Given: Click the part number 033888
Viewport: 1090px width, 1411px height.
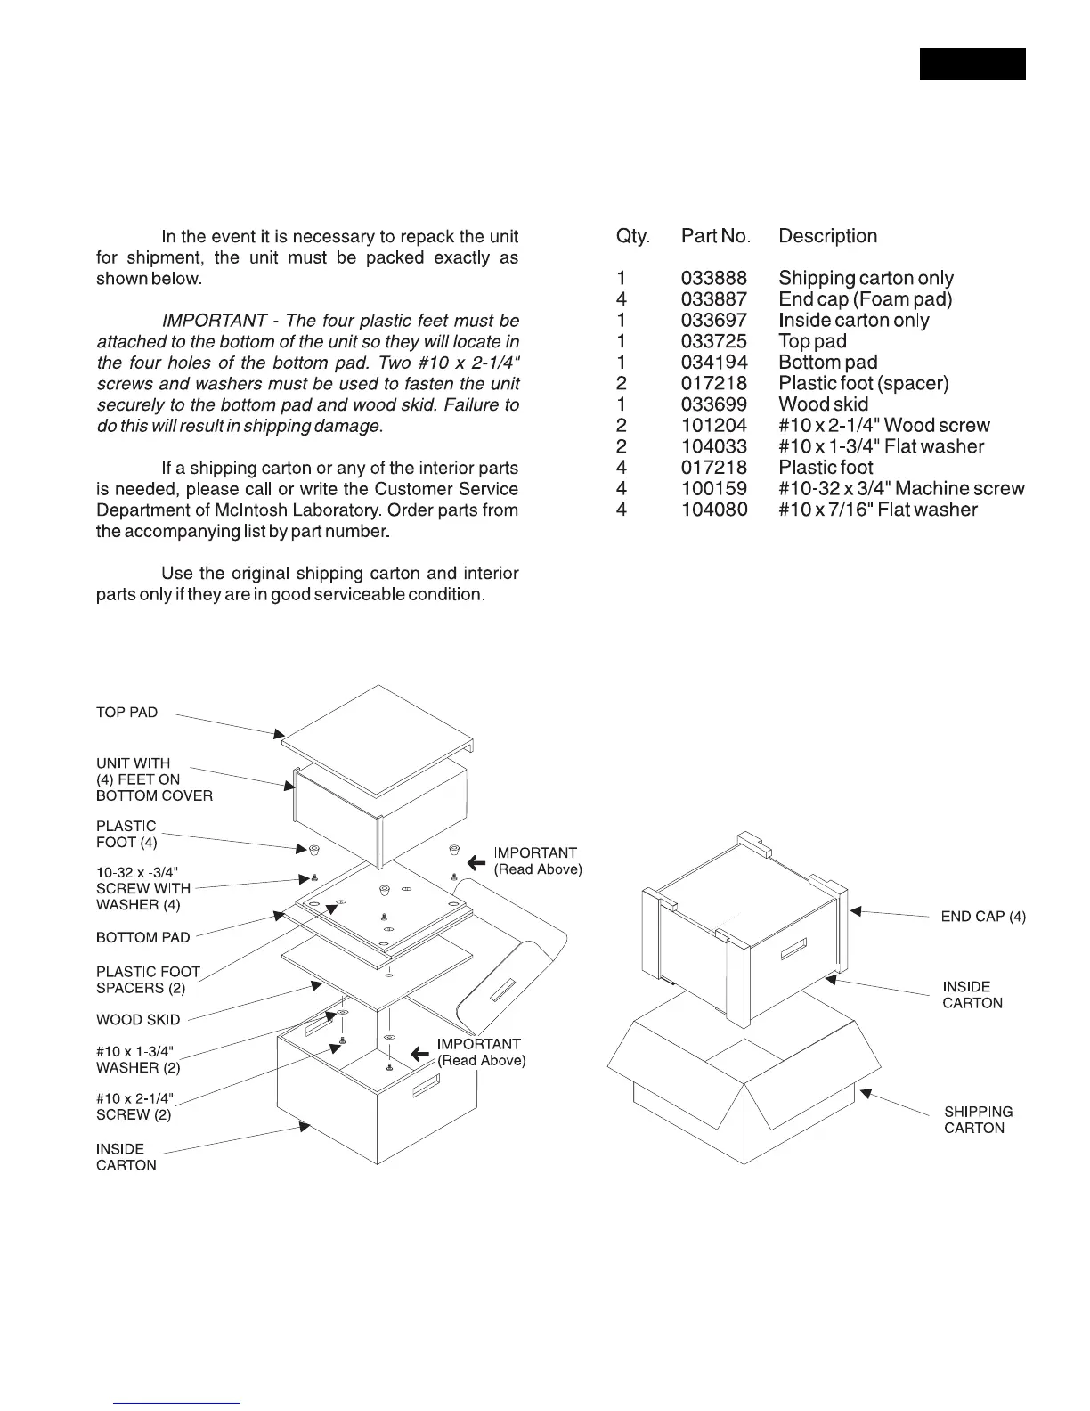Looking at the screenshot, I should tap(714, 278).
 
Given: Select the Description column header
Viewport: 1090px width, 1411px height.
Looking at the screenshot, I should tap(827, 236).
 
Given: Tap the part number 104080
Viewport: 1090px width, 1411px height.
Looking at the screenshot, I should tap(714, 510).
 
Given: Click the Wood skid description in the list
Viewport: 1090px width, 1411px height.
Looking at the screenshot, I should tap(823, 404).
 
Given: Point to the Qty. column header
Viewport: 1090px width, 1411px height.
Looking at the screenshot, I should tap(633, 236).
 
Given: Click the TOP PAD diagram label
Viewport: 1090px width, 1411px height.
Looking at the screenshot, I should tap(126, 713).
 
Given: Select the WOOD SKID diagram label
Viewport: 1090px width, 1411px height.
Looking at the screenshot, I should tap(138, 1020).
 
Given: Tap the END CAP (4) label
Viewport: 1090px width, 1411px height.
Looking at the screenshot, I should tap(983, 917).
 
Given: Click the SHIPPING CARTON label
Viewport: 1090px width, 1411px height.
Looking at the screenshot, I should tap(978, 1120).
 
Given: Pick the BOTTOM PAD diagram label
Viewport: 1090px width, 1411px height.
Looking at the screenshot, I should tap(142, 937).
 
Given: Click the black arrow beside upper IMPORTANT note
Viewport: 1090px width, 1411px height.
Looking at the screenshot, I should tap(476, 861).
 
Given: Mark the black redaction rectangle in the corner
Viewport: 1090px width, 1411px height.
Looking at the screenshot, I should tap(972, 64).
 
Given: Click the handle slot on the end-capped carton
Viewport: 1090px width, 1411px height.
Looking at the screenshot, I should tap(793, 950).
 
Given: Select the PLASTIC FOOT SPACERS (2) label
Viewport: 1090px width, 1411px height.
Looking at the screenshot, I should tap(148, 980).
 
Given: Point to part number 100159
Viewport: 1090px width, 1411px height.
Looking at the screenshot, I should tap(714, 489).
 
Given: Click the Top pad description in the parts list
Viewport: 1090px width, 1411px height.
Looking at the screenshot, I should tap(812, 341).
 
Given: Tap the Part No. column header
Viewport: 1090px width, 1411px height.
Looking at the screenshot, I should tap(716, 236).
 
